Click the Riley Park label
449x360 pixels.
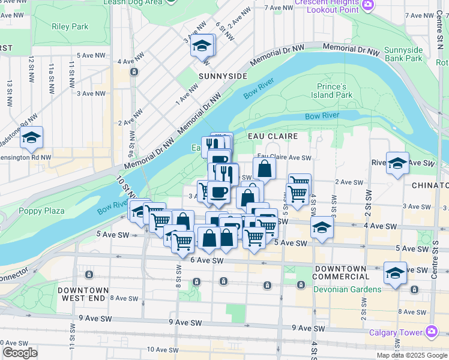click(70, 26)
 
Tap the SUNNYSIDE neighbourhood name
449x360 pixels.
click(223, 76)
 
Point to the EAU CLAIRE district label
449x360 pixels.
click(273, 136)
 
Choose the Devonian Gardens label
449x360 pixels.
click(347, 289)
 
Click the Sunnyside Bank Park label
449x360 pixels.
click(403, 54)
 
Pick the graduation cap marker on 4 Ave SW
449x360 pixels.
click(322, 228)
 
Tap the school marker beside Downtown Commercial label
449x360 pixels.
click(396, 273)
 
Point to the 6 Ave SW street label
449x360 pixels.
click(206, 260)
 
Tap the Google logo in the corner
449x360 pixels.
click(20, 353)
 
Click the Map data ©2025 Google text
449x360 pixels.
click(412, 355)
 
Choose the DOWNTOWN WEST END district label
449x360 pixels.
click(84, 294)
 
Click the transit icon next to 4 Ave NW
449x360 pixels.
click(134, 72)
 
